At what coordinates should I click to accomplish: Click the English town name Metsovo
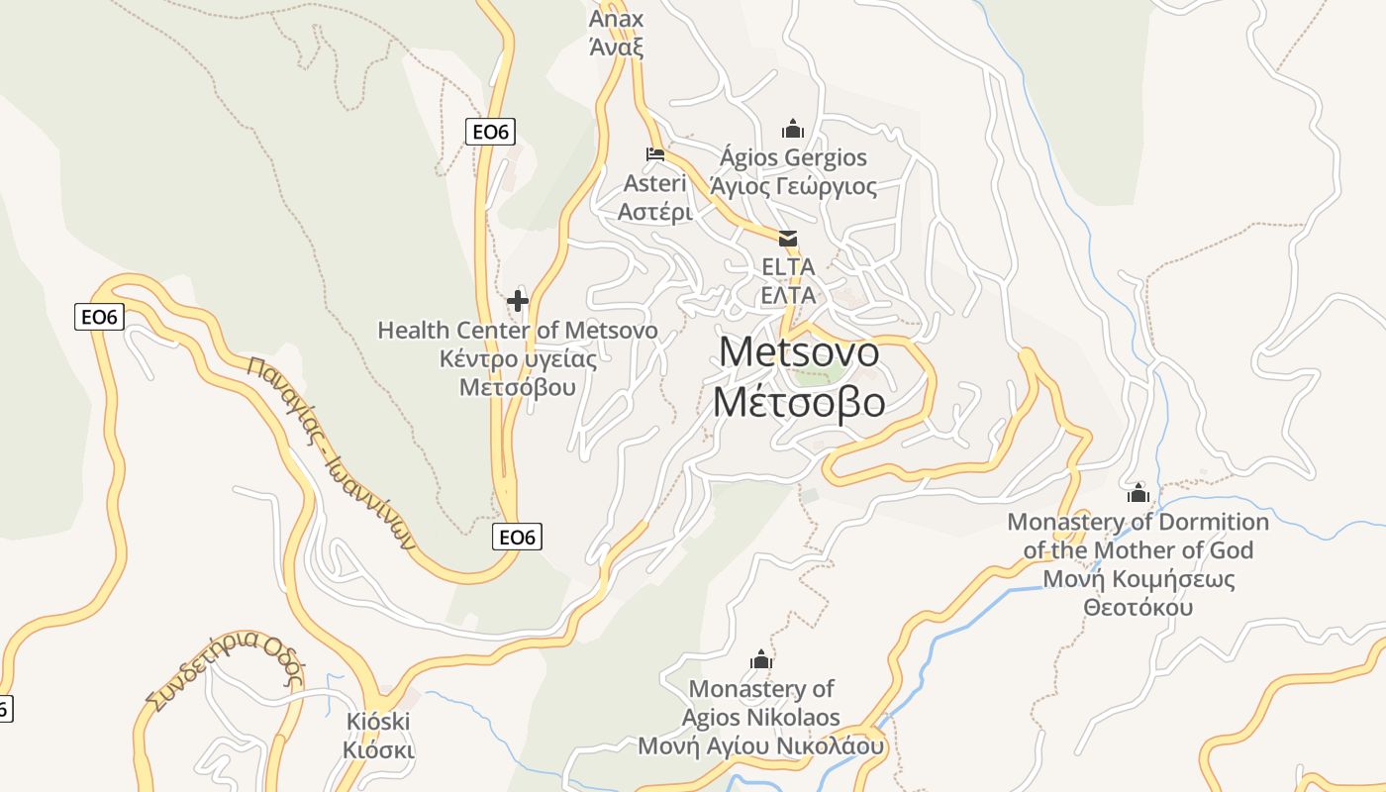pos(799,352)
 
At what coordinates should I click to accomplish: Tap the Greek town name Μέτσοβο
pos(799,403)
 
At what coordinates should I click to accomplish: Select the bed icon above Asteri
pos(654,154)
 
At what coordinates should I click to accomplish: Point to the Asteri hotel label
pos(654,183)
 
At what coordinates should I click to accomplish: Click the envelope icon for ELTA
pos(788,239)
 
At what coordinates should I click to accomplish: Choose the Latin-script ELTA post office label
pos(788,266)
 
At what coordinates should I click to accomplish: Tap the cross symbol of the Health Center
pos(517,301)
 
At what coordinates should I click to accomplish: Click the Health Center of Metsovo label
pos(517,330)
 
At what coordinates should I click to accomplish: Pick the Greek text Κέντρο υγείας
pos(517,358)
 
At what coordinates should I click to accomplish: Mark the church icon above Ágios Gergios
pos(792,129)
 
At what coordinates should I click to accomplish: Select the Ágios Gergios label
pos(793,157)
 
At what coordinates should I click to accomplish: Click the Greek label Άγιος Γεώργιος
pos(793,186)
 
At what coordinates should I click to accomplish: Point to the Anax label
pos(616,19)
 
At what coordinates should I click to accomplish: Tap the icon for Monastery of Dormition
pos(1138,492)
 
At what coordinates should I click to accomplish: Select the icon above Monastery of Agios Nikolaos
pos(760,659)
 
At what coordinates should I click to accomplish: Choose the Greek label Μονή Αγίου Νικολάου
pos(760,745)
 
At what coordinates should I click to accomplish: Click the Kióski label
pos(378,721)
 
